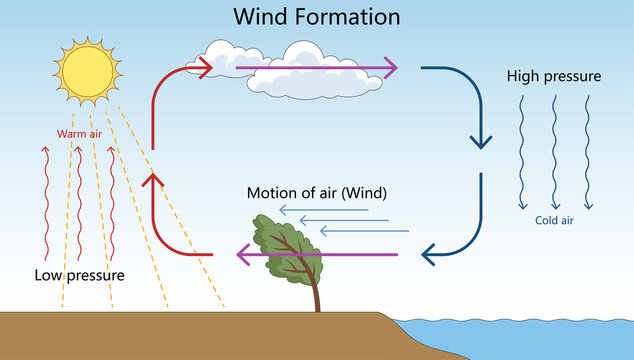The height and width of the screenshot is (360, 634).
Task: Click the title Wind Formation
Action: point(316,17)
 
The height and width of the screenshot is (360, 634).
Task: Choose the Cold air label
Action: point(553,221)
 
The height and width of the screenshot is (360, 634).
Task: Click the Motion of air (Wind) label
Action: point(317,192)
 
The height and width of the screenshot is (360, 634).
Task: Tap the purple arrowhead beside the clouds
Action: point(388,68)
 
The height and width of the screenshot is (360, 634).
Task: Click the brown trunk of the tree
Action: point(317,295)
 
